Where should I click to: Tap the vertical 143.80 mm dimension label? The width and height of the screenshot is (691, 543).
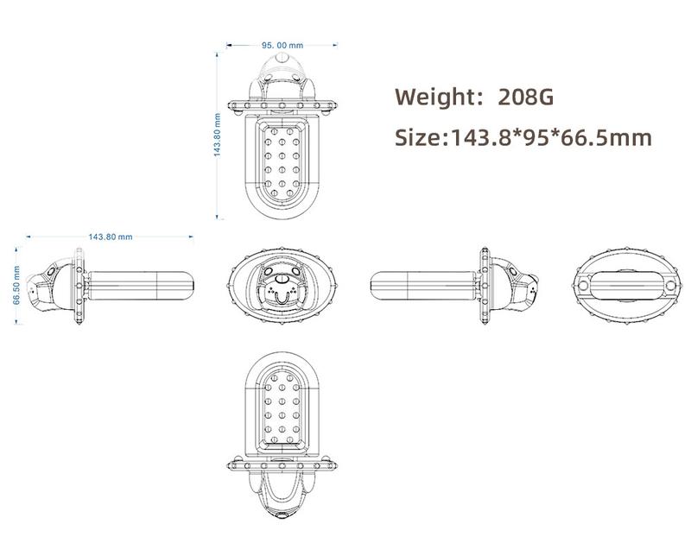click(217, 135)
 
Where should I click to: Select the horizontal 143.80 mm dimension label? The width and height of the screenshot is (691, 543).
click(111, 237)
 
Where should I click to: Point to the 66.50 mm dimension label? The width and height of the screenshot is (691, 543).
click(16, 285)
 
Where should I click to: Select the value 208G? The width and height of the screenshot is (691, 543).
click(526, 97)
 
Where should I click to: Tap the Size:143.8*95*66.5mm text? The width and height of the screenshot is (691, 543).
click(523, 137)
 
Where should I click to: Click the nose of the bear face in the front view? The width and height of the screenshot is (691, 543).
click(282, 279)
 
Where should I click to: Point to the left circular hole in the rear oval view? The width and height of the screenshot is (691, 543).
click(584, 286)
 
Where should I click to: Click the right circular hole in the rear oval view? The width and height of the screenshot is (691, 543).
click(671, 286)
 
